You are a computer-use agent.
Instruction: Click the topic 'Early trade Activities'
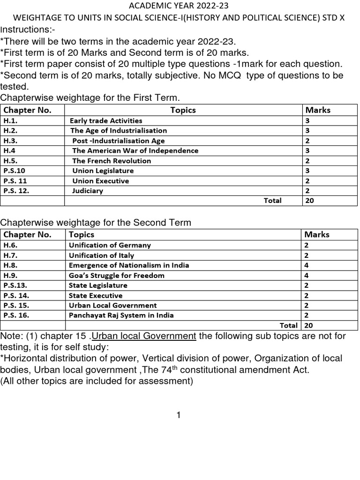tap(106, 120)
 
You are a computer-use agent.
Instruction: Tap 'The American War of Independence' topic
tap(135, 150)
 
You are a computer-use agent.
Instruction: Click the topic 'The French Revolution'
tap(112, 161)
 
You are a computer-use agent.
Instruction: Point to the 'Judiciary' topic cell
tap(88, 191)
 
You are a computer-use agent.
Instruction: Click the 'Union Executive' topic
tap(100, 181)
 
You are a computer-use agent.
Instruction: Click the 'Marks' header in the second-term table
tap(317, 234)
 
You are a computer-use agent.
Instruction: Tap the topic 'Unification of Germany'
tap(110, 245)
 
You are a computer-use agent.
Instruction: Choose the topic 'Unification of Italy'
tap(101, 255)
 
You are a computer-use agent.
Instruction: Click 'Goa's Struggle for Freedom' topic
tap(116, 275)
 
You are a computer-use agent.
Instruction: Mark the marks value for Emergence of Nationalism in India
tap(307, 265)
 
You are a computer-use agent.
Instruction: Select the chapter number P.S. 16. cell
tap(16, 315)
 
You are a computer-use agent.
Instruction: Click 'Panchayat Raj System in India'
tap(121, 315)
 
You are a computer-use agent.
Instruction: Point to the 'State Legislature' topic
tap(98, 285)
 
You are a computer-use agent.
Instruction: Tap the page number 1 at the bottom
tap(179, 415)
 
